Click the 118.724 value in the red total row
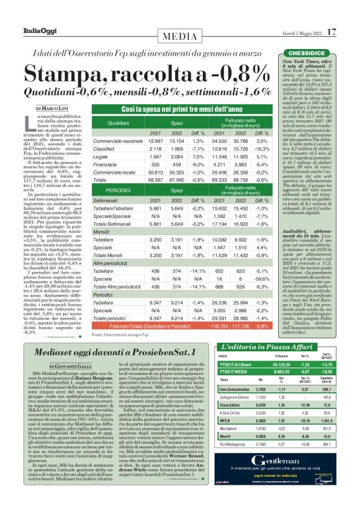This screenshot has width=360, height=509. click(x=218, y=325)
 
